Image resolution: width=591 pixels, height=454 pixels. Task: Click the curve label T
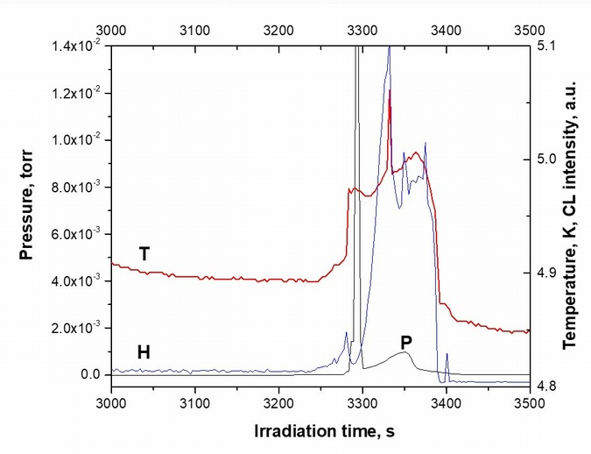(145, 254)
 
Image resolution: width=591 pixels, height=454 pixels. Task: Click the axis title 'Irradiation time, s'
(320, 432)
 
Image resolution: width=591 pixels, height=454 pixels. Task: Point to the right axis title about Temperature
(573, 211)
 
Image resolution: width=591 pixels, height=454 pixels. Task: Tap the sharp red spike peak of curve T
(390, 90)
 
